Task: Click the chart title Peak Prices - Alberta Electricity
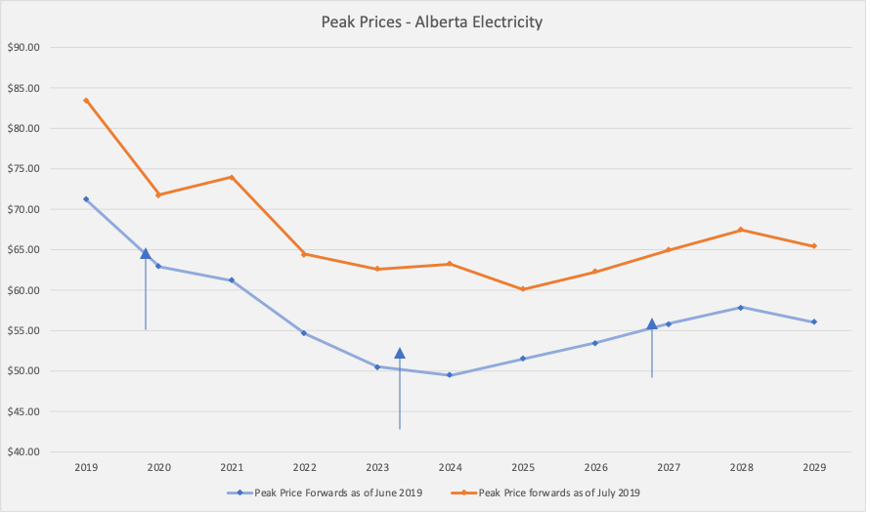[431, 21]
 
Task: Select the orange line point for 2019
[86, 101]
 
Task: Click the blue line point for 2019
[86, 199]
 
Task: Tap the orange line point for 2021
[232, 177]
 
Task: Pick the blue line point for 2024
[450, 375]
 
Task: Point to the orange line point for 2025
[523, 289]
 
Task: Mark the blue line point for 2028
[741, 308]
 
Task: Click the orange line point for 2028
[741, 230]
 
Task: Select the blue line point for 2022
[304, 333]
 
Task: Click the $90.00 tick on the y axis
[22, 47]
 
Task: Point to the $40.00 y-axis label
[22, 452]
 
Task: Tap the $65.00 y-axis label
[22, 250]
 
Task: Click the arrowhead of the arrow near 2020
[146, 254]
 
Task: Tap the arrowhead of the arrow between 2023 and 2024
[400, 354]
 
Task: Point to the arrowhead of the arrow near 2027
[652, 324]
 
